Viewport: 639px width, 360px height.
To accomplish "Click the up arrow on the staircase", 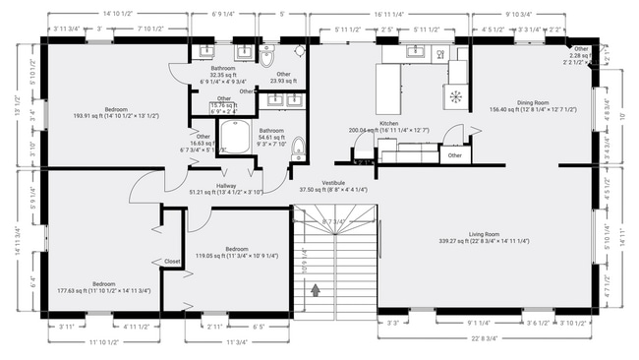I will pyautogui.click(x=316, y=290).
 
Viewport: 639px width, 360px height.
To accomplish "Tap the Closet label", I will pyautogui.click(x=172, y=262).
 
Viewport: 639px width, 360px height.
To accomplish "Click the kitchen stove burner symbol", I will pyautogui.click(x=455, y=95).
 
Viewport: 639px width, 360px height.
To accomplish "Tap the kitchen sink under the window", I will pyautogui.click(x=414, y=52).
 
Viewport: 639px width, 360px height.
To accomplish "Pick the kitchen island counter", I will pyautogui.click(x=392, y=89).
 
